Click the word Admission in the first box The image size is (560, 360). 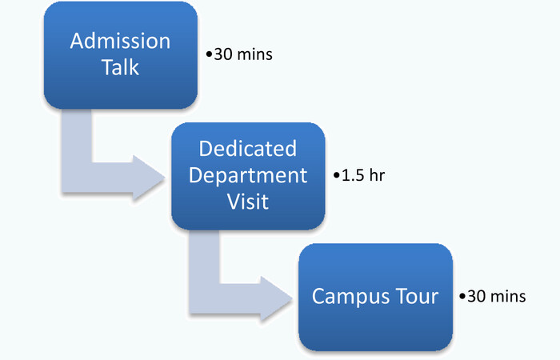coord(120,41)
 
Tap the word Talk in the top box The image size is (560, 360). coord(120,66)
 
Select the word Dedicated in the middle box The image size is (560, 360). coord(248,148)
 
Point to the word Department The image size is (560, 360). coord(248,176)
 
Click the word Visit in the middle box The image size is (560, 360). coord(248,202)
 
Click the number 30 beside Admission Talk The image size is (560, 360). coord(223,54)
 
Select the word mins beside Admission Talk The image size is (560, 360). coord(254,54)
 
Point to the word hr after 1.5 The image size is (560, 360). coord(377,175)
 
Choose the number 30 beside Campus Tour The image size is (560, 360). coord(477,297)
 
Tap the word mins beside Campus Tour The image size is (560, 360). coord(508,297)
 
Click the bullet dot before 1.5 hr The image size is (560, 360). coord(337,175)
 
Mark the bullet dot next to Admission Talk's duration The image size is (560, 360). coord(209,54)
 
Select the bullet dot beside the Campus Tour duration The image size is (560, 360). coord(462,297)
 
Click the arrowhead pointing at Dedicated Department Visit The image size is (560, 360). coord(149,178)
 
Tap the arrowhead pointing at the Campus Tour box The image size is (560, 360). coord(276,299)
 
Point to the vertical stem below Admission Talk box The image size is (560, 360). coord(77,136)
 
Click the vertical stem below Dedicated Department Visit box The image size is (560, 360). coord(204,257)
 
